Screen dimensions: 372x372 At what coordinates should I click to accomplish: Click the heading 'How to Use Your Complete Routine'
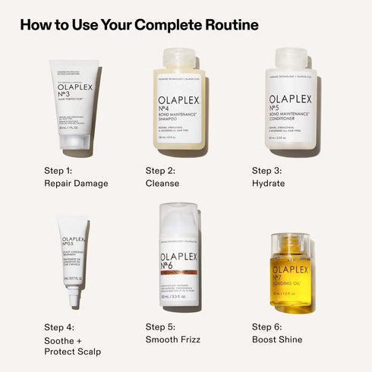click(x=139, y=25)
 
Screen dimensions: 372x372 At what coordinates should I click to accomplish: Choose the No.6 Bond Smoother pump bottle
click(x=181, y=258)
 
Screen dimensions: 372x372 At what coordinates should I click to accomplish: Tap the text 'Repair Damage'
click(x=76, y=183)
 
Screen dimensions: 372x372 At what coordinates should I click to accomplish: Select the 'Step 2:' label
click(x=160, y=170)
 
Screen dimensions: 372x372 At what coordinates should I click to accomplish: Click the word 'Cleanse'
click(x=162, y=183)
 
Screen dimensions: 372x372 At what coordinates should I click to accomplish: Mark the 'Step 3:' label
click(x=267, y=170)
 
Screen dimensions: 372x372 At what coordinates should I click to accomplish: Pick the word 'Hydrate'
click(x=269, y=183)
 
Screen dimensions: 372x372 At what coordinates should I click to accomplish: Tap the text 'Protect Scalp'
click(x=73, y=352)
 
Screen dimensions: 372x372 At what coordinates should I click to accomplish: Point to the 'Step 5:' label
click(x=160, y=326)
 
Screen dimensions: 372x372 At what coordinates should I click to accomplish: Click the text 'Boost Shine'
click(x=277, y=339)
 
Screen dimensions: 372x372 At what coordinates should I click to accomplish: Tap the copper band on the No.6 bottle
click(x=181, y=270)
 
